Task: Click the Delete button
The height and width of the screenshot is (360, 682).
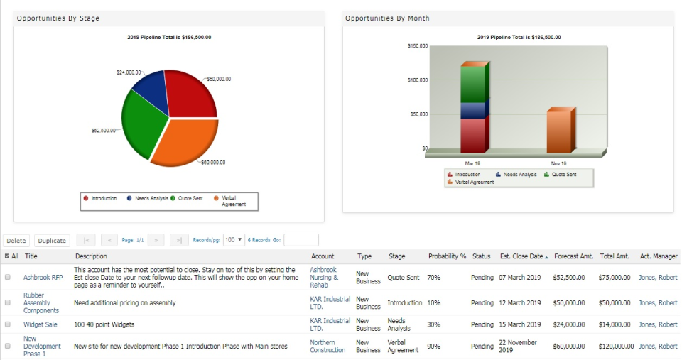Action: (16, 241)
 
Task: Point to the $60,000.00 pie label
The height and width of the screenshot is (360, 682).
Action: (212, 163)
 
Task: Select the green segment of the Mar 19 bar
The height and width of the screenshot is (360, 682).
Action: (472, 84)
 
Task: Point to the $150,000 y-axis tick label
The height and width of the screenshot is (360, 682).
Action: (418, 46)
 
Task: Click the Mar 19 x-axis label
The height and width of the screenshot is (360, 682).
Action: (472, 163)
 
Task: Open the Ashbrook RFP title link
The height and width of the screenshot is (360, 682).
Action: (43, 278)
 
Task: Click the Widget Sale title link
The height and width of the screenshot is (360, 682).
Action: (40, 324)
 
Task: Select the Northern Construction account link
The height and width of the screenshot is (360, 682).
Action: (328, 347)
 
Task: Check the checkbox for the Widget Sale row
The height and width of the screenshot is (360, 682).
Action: (8, 324)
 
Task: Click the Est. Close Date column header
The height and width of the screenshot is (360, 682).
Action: (521, 256)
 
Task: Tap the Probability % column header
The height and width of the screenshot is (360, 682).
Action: (447, 256)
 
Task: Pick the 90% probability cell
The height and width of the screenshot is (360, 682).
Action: (433, 347)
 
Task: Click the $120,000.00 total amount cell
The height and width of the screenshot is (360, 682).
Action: (616, 347)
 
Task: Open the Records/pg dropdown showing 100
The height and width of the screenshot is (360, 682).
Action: (234, 240)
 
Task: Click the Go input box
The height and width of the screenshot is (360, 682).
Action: (301, 240)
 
